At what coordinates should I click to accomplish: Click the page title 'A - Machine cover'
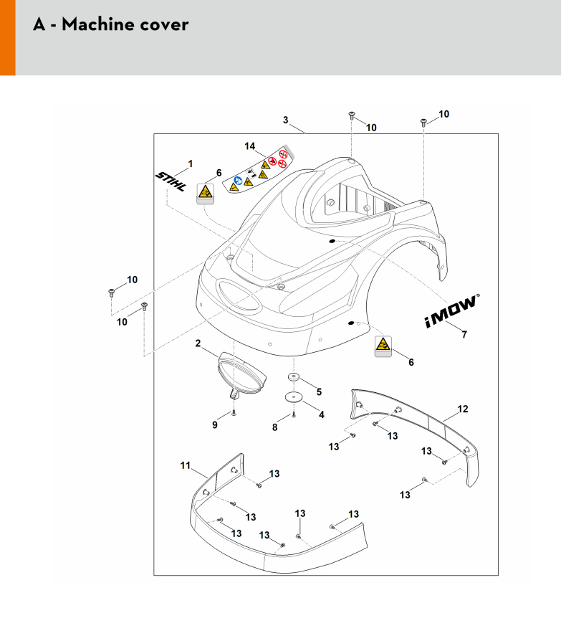coord(111,25)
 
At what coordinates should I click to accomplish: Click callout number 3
coord(285,120)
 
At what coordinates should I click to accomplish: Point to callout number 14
coord(250,146)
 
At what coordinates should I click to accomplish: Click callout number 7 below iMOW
coord(464,334)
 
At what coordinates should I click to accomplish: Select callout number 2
coord(198,343)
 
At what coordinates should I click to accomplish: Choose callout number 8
coord(274,428)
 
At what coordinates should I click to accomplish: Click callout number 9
coord(214,425)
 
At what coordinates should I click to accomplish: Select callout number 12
coord(462,409)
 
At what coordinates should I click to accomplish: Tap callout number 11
coord(185,467)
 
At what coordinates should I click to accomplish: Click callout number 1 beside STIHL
coord(190,164)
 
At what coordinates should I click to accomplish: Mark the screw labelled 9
coord(234,413)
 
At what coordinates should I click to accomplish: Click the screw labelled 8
coord(294,414)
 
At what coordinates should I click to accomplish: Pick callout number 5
coord(319,391)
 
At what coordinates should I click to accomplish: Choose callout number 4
coord(321,414)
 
